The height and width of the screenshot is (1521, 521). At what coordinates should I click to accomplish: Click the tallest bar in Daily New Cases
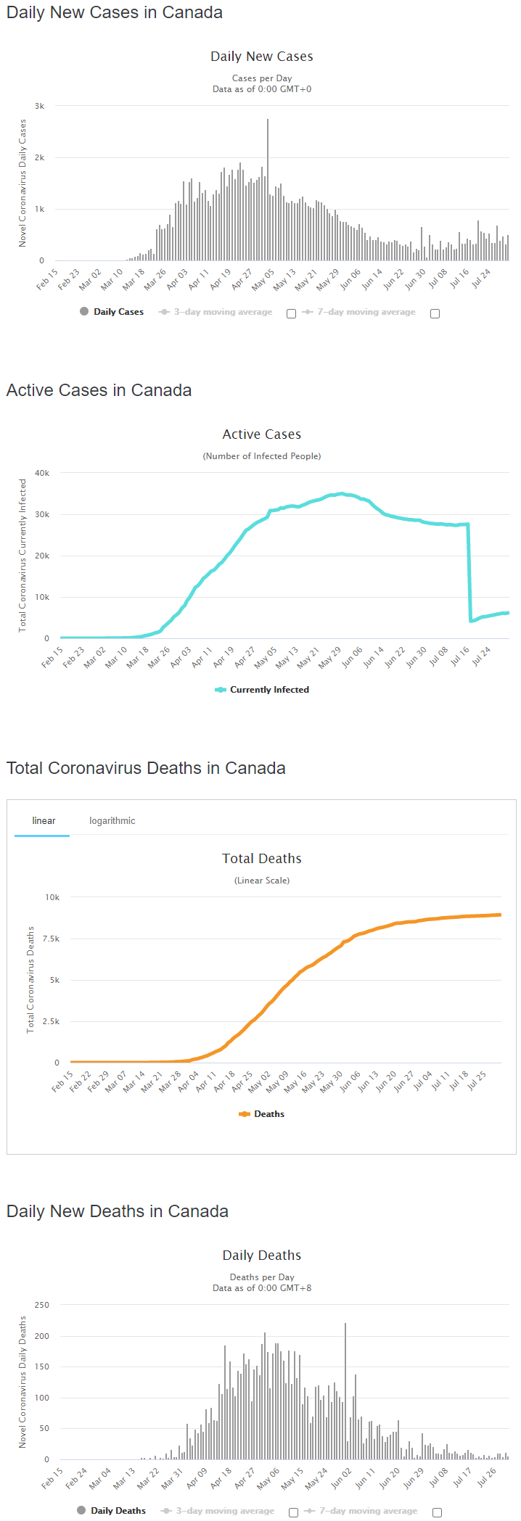[x=268, y=190]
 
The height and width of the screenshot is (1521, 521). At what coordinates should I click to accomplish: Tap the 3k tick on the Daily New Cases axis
[x=40, y=106]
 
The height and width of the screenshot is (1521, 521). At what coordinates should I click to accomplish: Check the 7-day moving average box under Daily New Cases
[x=435, y=313]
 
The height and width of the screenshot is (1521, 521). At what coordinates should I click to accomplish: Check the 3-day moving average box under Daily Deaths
[x=293, y=1512]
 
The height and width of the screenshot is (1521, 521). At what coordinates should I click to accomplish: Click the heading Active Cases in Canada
[x=99, y=390]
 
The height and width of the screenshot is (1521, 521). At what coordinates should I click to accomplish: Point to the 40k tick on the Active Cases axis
[x=42, y=473]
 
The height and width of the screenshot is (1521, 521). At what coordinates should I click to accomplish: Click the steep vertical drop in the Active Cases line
[x=469, y=573]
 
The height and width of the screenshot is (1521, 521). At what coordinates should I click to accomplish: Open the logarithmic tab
[x=112, y=821]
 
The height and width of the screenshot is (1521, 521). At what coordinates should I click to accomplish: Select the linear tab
[x=44, y=821]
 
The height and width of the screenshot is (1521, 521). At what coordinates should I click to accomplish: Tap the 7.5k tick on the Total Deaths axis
[x=51, y=939]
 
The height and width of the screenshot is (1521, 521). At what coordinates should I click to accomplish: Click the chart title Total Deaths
[x=261, y=859]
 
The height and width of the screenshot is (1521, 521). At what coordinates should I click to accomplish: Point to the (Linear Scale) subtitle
[x=261, y=881]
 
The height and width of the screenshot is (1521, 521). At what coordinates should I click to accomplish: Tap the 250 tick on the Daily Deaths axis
[x=42, y=1305]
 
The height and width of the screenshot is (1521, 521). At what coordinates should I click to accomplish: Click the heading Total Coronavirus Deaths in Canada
[x=146, y=768]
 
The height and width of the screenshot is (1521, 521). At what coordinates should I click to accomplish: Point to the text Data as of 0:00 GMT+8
[x=261, y=1288]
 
